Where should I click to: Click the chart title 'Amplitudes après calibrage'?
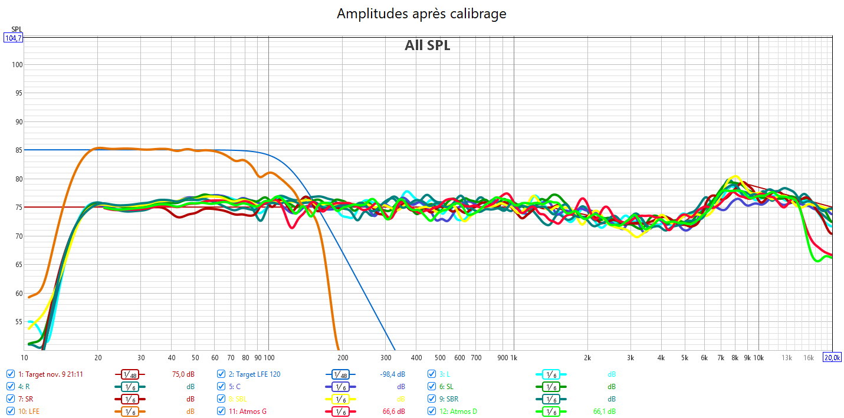(421, 14)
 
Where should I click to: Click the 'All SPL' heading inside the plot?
(427, 45)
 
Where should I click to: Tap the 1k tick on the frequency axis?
(514, 357)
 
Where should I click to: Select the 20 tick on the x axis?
(98, 357)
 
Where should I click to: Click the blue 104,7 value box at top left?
(12, 38)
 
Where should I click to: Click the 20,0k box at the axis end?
(833, 357)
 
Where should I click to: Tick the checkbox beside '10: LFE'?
(11, 411)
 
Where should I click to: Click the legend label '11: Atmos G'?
(248, 411)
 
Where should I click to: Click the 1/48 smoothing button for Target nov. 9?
(129, 374)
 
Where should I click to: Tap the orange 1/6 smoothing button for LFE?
(129, 412)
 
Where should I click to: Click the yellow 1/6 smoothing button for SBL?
(340, 399)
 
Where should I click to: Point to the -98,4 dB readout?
(392, 374)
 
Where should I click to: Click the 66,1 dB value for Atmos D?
(604, 411)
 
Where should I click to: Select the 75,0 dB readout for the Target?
(183, 374)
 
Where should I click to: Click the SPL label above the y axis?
(17, 29)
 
